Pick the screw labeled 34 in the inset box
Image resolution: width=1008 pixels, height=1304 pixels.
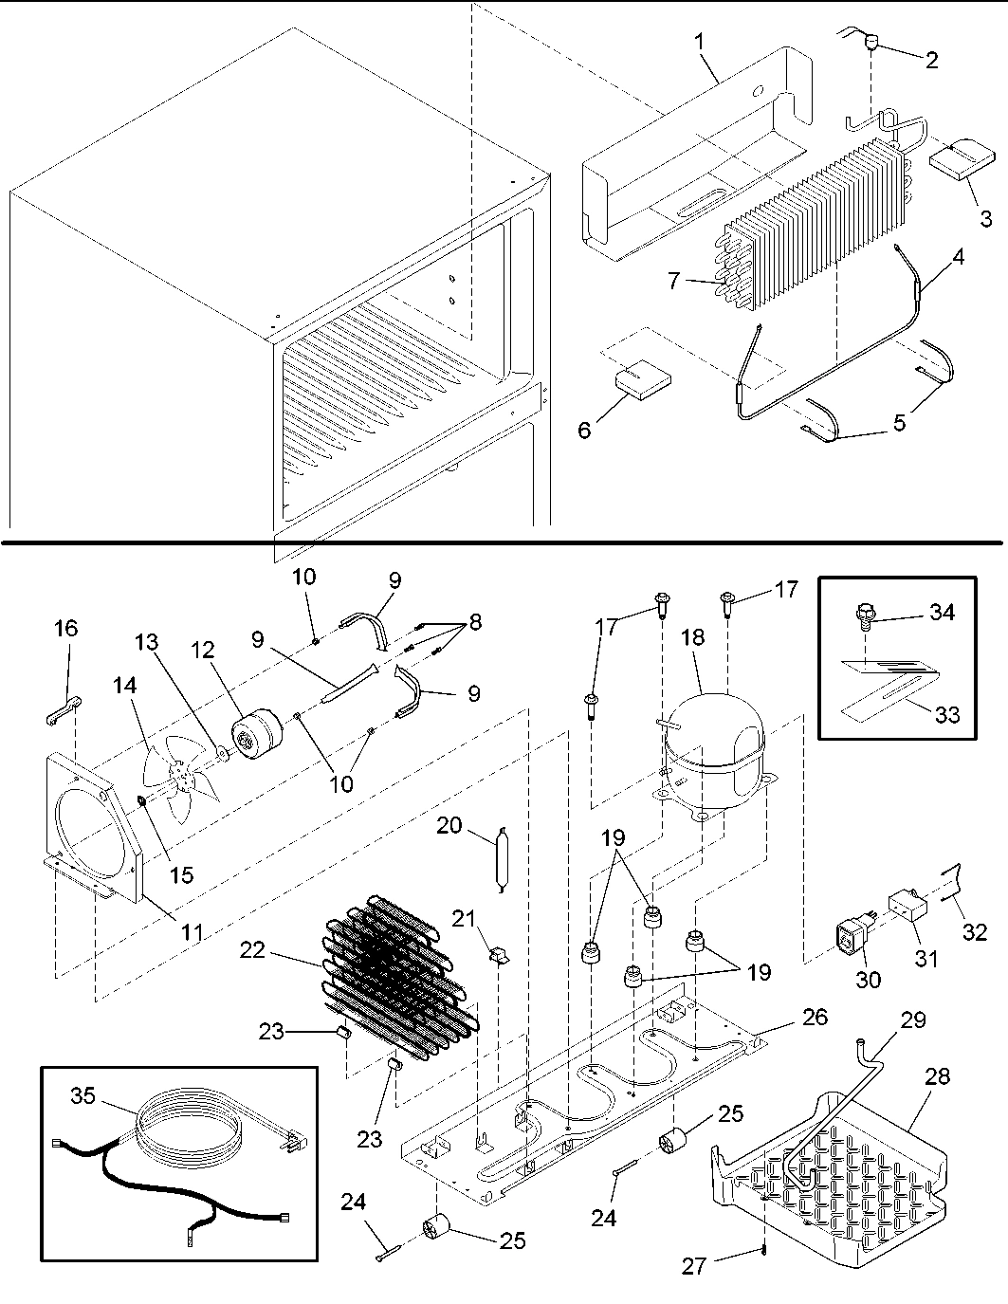[x=862, y=616]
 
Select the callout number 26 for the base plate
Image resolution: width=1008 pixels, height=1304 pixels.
[x=814, y=1017]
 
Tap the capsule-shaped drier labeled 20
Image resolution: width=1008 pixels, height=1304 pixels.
[x=502, y=857]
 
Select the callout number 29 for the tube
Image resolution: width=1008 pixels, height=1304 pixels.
[x=913, y=1020]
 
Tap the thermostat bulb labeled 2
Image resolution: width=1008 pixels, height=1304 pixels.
[x=871, y=43]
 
